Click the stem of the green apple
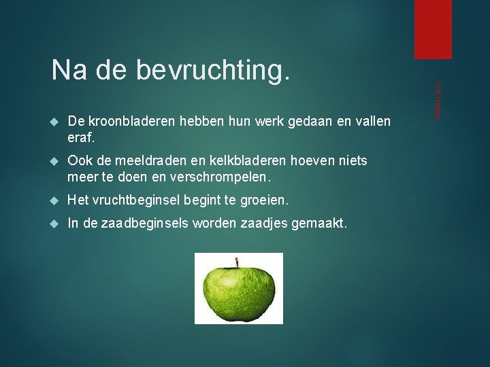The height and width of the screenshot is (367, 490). point(238,262)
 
